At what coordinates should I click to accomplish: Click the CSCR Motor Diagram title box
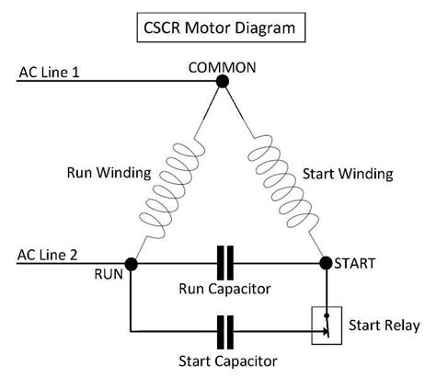tap(218, 28)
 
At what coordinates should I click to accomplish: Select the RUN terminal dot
tap(132, 264)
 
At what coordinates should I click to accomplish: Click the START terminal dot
tap(326, 263)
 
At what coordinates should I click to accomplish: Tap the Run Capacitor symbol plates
tap(226, 263)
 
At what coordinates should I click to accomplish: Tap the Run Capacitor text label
tap(224, 288)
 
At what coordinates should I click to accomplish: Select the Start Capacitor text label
tap(225, 361)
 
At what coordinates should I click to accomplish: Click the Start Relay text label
tap(384, 325)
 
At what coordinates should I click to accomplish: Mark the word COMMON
tap(221, 67)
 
